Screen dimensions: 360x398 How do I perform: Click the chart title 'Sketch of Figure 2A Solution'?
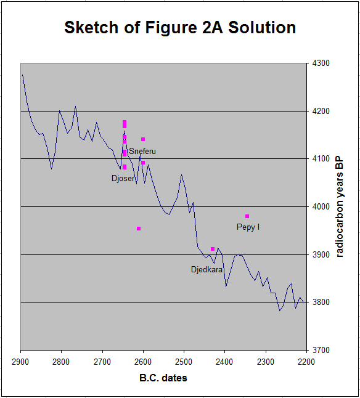click(180, 27)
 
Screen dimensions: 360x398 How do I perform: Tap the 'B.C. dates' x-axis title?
click(163, 378)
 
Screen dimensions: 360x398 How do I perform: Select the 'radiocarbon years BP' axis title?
click(340, 207)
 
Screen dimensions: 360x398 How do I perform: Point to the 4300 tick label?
click(321, 63)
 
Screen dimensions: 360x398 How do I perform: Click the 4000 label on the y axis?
click(321, 206)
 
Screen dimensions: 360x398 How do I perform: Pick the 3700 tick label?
click(321, 350)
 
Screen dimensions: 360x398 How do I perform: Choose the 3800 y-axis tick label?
click(321, 302)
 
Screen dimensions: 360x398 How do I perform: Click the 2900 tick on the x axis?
click(20, 362)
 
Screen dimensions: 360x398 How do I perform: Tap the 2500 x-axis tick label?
click(184, 362)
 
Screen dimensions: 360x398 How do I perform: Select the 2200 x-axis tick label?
click(306, 362)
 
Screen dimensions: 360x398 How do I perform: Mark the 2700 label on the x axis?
click(102, 362)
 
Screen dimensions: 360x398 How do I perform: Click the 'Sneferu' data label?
click(142, 152)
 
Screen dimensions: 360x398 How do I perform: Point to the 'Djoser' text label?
click(123, 179)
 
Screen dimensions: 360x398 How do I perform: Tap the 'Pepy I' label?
click(248, 227)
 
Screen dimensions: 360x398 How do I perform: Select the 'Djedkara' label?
click(207, 270)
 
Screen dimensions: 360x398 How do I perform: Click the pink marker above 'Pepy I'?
click(247, 216)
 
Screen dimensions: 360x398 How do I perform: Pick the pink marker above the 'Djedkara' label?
click(213, 249)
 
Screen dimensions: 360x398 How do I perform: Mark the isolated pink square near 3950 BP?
click(139, 229)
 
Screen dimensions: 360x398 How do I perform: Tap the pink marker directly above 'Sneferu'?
click(143, 139)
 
